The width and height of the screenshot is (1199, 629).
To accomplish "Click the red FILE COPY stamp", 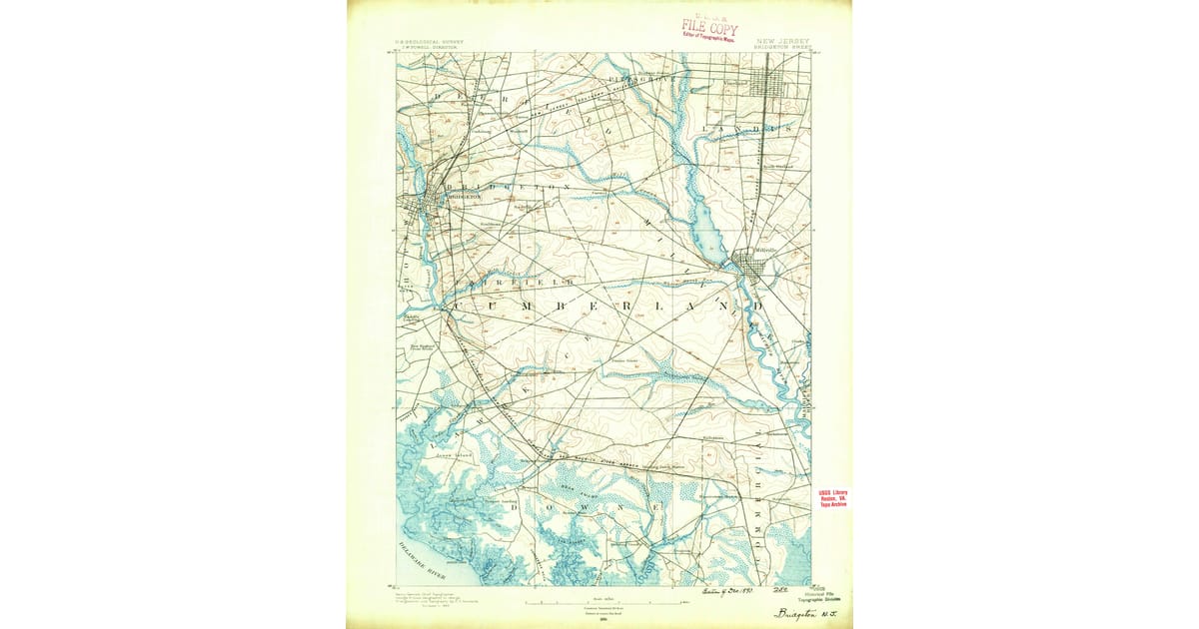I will tap(709, 27).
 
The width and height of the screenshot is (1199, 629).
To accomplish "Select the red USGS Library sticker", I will tap(833, 498).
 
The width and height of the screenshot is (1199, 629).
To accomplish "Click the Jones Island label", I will tap(453, 454).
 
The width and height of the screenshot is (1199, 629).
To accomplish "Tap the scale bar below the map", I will tap(599, 601).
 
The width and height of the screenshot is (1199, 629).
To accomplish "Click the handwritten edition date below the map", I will tap(712, 592).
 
